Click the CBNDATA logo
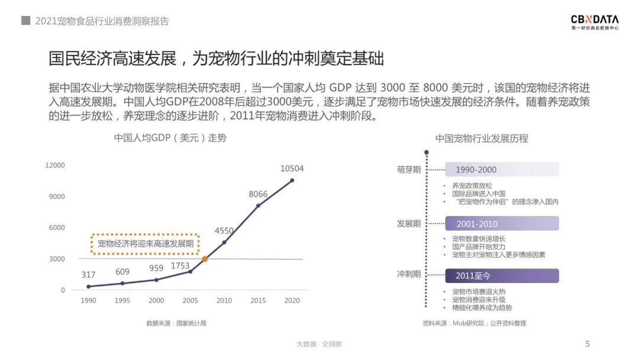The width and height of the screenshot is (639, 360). [595, 22]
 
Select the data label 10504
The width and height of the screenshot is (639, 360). [292, 169]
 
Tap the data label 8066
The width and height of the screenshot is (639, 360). [258, 194]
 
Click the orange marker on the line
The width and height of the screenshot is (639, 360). [205, 259]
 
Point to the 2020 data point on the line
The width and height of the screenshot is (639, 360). [292, 180]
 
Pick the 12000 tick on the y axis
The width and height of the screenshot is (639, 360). [55, 165]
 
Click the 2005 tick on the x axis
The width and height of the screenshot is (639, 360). [190, 301]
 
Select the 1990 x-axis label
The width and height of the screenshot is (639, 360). [88, 301]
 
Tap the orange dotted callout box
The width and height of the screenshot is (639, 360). [145, 243]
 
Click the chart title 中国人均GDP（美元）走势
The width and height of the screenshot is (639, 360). [170, 138]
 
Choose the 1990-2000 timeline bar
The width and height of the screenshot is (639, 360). [502, 170]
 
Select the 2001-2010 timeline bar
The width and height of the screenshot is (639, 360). [502, 224]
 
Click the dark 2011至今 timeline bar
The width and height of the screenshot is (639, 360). [502, 276]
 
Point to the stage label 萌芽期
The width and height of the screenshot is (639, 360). [409, 170]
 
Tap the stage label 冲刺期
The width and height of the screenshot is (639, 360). [409, 275]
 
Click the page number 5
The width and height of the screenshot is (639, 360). [588, 344]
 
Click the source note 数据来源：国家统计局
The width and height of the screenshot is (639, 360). [176, 323]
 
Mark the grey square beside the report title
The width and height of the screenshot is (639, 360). [25, 21]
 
